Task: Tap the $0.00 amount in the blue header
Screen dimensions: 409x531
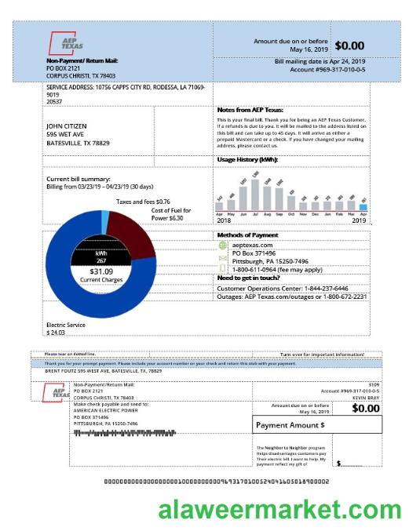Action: click(x=349, y=45)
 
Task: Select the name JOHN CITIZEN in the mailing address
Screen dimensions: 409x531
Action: click(x=67, y=125)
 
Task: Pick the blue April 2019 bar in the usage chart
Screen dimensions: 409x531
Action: click(x=374, y=207)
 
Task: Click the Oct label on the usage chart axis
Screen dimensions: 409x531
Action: click(x=291, y=213)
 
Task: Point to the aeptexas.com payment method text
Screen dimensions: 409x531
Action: click(x=252, y=245)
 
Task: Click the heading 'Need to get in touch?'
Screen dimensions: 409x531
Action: click(x=250, y=278)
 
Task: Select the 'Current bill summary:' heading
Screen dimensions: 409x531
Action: click(x=79, y=179)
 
